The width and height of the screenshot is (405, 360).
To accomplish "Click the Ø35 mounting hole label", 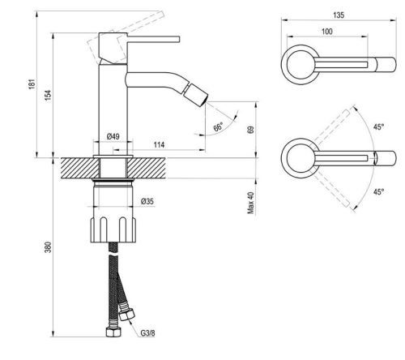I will pyautogui.click(x=147, y=202).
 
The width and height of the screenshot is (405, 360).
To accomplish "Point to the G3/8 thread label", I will pyautogui.click(x=147, y=332).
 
